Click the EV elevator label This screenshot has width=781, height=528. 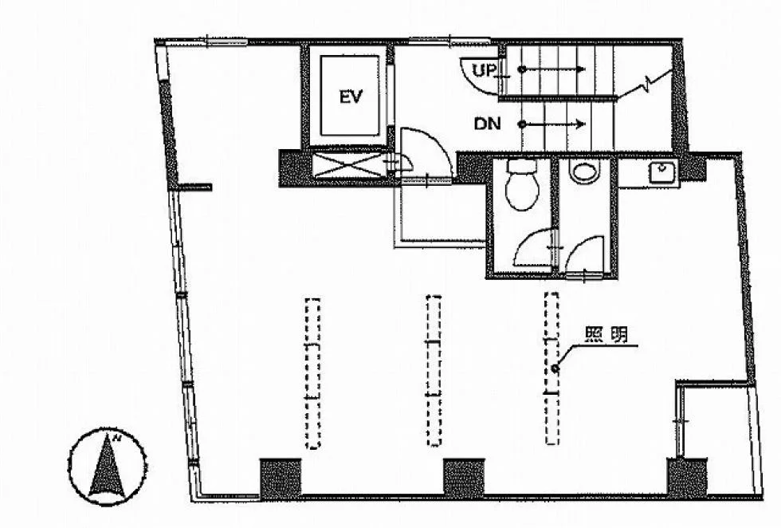click(x=351, y=97)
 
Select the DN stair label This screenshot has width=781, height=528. click(x=487, y=124)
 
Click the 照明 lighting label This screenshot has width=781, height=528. click(x=606, y=334)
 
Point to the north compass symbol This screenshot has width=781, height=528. click(x=107, y=467)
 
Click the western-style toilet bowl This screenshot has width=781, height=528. click(x=521, y=184)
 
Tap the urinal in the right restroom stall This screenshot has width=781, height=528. click(x=584, y=171)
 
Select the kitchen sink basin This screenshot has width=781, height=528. click(x=662, y=172)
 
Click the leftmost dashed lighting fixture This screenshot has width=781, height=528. click(x=312, y=373)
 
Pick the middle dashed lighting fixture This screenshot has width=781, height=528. click(x=434, y=370)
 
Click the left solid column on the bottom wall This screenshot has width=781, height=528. click(x=281, y=479)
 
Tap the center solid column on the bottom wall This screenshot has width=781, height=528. click(x=464, y=478)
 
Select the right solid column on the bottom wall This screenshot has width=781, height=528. click(x=687, y=478)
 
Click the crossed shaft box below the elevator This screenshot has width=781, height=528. click(x=349, y=164)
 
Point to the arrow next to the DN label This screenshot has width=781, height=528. click(x=553, y=124)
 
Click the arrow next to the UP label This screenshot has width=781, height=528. click(x=553, y=69)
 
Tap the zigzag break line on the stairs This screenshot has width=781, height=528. click(x=646, y=85)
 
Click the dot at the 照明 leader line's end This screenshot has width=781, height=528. click(x=555, y=368)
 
